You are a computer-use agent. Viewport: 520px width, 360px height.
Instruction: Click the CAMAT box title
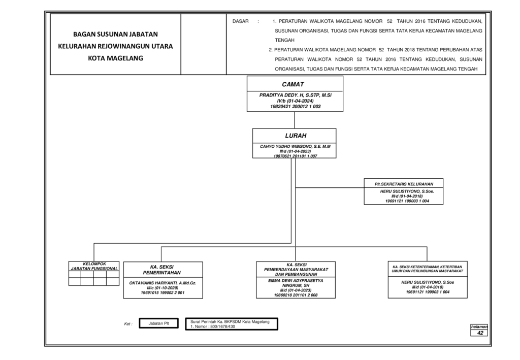pyautogui.click(x=293, y=84)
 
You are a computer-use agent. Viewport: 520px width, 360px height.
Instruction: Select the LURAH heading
pyautogui.click(x=296, y=136)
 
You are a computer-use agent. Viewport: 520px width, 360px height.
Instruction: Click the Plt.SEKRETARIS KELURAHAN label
pyautogui.click(x=404, y=184)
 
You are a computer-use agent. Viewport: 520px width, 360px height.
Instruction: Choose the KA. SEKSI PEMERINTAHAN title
pyautogui.click(x=162, y=270)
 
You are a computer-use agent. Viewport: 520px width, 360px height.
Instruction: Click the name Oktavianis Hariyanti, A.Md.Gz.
pyautogui.click(x=162, y=283)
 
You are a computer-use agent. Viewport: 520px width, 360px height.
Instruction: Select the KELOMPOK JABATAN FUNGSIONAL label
pyautogui.click(x=94, y=266)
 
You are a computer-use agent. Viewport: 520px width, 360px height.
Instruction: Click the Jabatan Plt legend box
pyautogui.click(x=158, y=323)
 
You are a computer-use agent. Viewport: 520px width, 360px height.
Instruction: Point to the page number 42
pyautogui.click(x=480, y=333)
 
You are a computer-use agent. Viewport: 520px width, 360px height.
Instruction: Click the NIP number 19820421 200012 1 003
pyautogui.click(x=295, y=107)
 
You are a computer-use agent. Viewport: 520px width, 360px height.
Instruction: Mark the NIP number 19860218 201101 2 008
pyautogui.click(x=296, y=295)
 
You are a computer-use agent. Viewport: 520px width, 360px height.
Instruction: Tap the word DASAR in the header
pyautogui.click(x=240, y=21)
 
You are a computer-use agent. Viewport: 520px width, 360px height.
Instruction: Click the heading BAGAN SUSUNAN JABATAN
pyautogui.click(x=115, y=34)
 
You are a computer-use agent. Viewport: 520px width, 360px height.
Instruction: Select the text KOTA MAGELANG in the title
pyautogui.click(x=115, y=58)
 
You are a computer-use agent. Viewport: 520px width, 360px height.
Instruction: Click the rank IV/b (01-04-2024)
pyautogui.click(x=295, y=101)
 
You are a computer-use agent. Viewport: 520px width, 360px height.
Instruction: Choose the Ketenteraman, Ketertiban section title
pyautogui.click(x=428, y=269)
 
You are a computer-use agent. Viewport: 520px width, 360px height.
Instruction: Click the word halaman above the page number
pyautogui.click(x=479, y=327)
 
